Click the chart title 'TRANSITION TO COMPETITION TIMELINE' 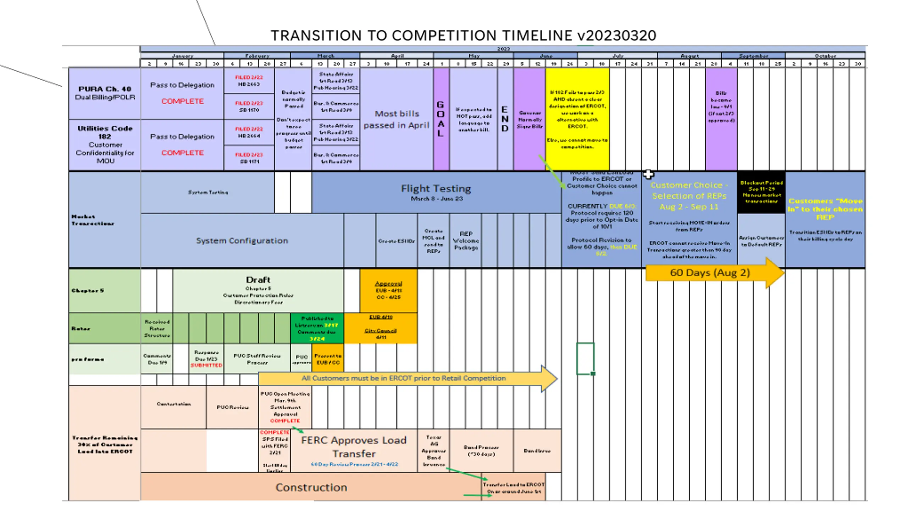click(463, 35)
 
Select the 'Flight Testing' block click(436, 192)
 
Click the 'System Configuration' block click(242, 241)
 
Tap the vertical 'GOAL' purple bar click(441, 119)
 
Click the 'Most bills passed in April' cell click(397, 119)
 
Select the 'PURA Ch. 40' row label click(105, 93)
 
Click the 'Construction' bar click(311, 487)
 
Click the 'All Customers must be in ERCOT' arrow click(404, 378)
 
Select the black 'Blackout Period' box click(761, 192)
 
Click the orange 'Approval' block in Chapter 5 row click(388, 290)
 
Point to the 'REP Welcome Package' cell click(465, 241)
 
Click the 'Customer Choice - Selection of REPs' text click(689, 196)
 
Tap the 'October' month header click(825, 56)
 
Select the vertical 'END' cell click(505, 119)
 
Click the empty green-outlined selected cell click(585, 358)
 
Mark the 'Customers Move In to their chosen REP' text click(825, 209)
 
